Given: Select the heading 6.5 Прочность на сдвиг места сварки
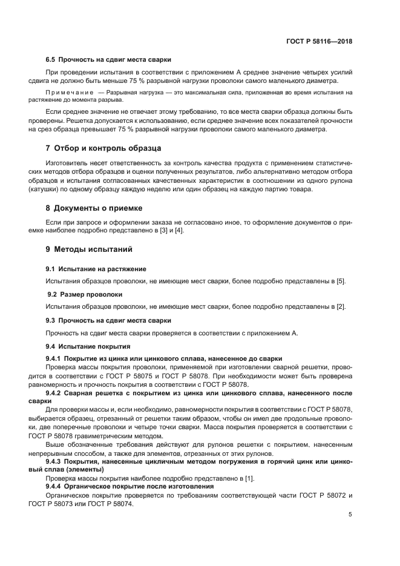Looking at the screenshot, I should pyautogui.click(x=108, y=59).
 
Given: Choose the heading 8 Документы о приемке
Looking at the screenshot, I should pyautogui.click(x=99, y=208).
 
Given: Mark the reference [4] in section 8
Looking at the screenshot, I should pyautogui.click(x=178, y=231).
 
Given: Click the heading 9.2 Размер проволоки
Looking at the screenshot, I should pyautogui.click(x=85, y=294).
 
